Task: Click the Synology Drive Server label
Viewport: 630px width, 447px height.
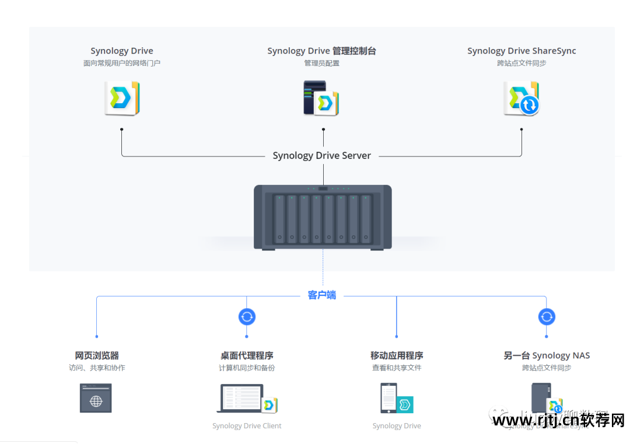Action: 321,156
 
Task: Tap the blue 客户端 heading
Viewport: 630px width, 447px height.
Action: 322,295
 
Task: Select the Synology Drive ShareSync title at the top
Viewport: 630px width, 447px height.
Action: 521,51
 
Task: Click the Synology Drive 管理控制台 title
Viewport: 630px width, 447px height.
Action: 321,51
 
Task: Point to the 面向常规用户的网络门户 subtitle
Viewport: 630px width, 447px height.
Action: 122,63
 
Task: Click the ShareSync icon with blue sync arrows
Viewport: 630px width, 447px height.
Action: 521,98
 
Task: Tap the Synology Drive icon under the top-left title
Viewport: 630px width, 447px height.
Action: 122,98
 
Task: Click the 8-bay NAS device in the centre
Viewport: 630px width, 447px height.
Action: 323,216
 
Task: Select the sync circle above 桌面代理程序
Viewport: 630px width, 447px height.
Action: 247,317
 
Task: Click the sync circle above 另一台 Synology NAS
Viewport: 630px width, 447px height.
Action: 547,317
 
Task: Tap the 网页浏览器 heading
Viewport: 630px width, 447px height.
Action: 97,355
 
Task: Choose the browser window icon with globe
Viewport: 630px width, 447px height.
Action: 96,398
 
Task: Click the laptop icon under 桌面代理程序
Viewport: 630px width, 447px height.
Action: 242,398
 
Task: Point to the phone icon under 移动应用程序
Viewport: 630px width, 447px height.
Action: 388,398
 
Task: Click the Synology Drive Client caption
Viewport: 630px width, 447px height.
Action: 247,426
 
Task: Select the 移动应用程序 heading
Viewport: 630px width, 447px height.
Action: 397,355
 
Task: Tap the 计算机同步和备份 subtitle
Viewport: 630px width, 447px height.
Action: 247,368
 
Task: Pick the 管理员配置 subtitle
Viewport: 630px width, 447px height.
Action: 321,63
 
